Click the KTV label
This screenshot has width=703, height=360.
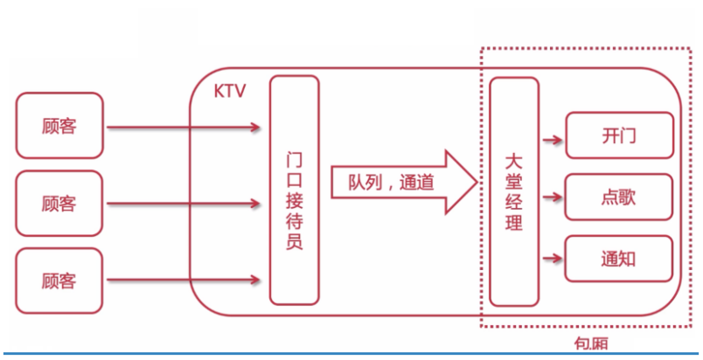pyautogui.click(x=229, y=92)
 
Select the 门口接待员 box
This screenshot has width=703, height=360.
pyautogui.click(x=295, y=188)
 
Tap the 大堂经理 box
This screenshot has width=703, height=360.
pyautogui.click(x=514, y=190)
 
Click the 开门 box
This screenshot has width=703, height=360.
pyautogui.click(x=619, y=136)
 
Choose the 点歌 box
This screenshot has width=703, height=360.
pyautogui.click(x=619, y=197)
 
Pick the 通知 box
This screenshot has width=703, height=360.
pyautogui.click(x=619, y=259)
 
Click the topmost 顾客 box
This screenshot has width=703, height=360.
pyautogui.click(x=59, y=127)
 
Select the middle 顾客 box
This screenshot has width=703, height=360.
pyautogui.click(x=59, y=204)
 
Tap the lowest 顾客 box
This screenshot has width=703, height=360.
pyautogui.click(x=59, y=280)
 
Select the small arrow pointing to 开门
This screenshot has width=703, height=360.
pyautogui.click(x=552, y=137)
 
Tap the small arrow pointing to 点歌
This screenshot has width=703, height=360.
pyautogui.click(x=552, y=197)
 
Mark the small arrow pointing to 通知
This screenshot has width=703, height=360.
pyautogui.click(x=552, y=258)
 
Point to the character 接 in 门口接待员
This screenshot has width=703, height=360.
pyautogui.click(x=295, y=188)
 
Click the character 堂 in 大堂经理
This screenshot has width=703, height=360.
pyautogui.click(x=514, y=182)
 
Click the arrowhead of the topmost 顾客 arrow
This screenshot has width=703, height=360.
pyautogui.click(x=255, y=128)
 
